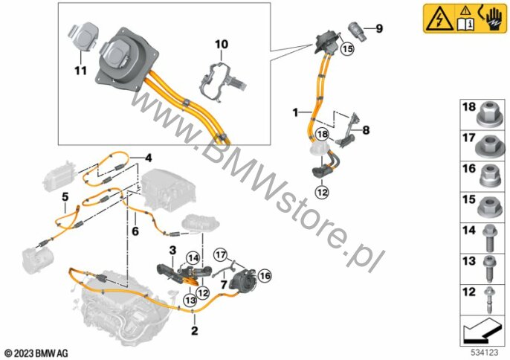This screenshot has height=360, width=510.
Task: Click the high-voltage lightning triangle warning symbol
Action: point(440,19)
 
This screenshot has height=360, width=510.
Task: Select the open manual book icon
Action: point(465,24)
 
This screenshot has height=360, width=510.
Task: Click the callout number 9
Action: point(379,29)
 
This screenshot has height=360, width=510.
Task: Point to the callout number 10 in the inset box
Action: point(222,44)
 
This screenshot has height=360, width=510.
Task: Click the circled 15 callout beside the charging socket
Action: point(347,49)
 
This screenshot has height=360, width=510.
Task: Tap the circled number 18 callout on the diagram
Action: point(322,134)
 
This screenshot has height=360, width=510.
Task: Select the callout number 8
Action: point(366,130)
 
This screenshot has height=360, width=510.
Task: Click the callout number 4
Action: point(149,158)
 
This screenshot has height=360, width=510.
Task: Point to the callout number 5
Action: point(65,197)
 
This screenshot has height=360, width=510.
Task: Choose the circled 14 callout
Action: point(193,259)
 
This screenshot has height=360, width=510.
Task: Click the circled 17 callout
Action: point(221,255)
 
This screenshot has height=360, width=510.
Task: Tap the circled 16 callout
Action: point(265,276)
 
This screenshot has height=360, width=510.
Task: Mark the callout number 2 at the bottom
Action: point(194,331)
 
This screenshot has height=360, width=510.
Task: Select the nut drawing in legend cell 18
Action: point(489,115)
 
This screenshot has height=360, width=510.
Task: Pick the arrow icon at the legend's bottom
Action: point(482,331)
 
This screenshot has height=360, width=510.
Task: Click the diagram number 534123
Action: point(485,353)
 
